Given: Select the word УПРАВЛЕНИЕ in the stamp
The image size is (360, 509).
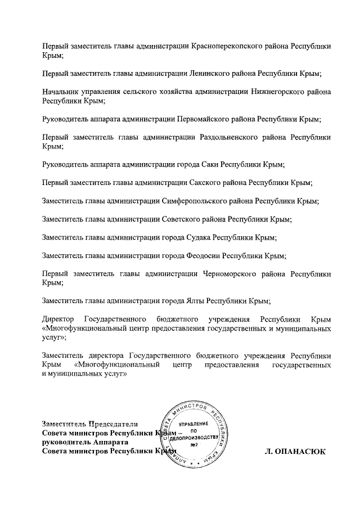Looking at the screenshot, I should (x=195, y=424).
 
